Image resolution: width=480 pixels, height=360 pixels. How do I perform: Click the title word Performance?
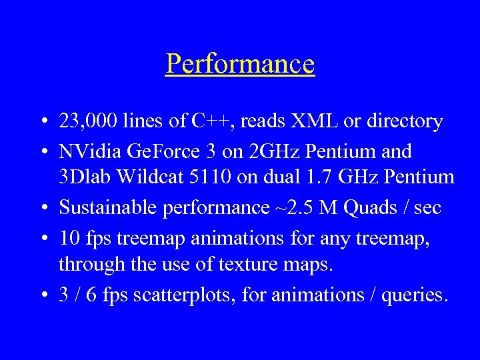240,65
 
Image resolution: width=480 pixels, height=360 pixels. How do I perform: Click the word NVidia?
88,151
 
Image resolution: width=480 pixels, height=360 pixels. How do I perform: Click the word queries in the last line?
413,293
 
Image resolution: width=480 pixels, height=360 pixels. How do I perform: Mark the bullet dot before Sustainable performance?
43,209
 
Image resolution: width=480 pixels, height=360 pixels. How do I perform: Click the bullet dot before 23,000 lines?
43,122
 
